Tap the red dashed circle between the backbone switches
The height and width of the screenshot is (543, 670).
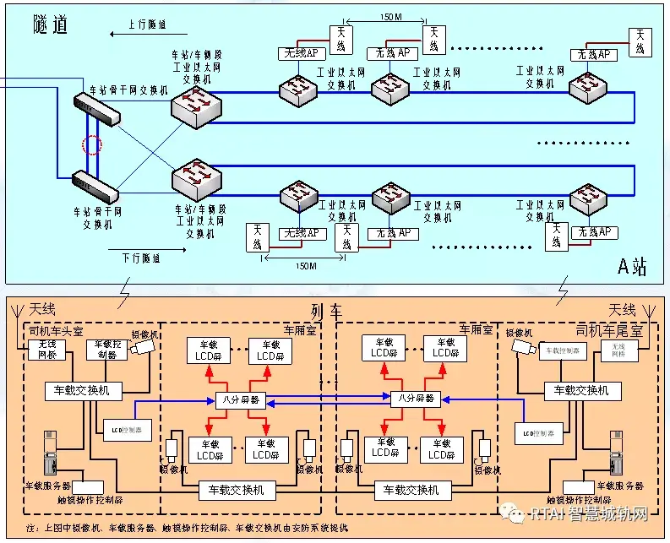(x=92, y=144)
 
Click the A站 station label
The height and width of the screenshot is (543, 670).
(x=631, y=267)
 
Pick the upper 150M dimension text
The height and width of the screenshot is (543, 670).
(x=389, y=17)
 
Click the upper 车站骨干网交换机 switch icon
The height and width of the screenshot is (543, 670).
(x=96, y=109)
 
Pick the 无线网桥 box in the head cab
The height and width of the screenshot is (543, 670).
(x=47, y=350)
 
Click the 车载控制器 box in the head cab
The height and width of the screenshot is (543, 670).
(x=107, y=350)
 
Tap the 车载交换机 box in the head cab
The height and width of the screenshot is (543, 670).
(x=83, y=391)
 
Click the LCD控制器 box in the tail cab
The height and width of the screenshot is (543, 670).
(x=537, y=433)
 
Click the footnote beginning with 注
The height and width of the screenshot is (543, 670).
(x=186, y=528)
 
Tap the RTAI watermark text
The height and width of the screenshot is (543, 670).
(x=587, y=514)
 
